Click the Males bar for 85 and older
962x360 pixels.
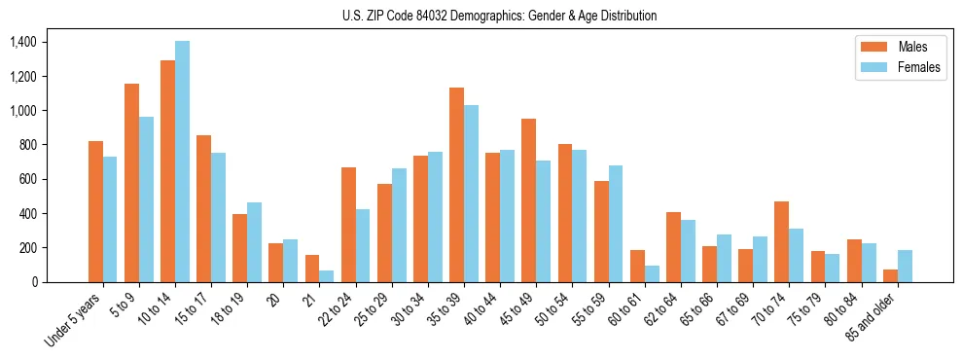pos(889,275)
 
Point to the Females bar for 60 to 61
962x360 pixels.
pos(652,273)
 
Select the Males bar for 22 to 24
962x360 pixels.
pos(348,225)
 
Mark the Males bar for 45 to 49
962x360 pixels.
pos(528,200)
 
